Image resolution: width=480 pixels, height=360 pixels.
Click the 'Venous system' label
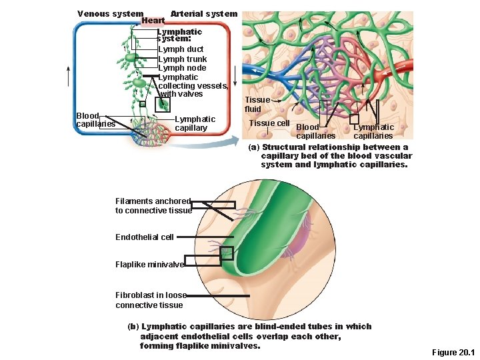point(110,14)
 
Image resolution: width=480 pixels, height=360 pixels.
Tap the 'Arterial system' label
point(203,14)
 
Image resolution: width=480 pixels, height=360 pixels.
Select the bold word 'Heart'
point(153,21)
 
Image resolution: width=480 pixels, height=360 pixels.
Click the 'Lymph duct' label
point(181,49)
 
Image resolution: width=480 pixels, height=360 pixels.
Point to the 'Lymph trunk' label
point(182,59)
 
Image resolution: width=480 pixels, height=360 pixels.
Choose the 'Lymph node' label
point(182,68)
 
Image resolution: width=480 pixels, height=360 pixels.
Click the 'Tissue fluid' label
point(257,105)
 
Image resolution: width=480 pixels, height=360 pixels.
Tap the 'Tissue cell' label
point(269,123)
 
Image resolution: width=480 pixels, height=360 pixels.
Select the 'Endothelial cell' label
point(145,237)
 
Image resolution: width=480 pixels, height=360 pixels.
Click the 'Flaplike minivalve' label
point(149,265)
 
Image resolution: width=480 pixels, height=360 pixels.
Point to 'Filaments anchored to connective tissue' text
point(153,206)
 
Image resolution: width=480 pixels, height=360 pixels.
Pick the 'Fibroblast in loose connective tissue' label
point(151,300)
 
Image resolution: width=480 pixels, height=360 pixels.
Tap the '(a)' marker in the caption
point(254,147)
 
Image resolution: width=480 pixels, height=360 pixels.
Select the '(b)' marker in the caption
point(133,327)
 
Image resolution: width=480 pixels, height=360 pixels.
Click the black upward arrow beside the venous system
point(68,75)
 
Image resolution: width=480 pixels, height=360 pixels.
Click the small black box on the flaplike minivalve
point(227,253)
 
